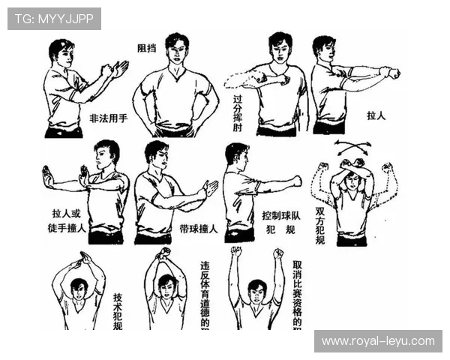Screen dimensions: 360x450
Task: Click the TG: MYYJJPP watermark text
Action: [x=53, y=19]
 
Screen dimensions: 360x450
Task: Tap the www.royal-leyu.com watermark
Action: [x=377, y=341]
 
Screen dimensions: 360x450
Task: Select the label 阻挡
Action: [x=147, y=48]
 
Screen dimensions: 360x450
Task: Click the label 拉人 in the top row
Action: [x=376, y=117]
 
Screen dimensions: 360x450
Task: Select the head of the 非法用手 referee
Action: [x=61, y=54]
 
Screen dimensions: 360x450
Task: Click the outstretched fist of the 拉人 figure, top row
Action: [x=390, y=73]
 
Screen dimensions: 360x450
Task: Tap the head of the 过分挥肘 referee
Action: [x=279, y=48]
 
